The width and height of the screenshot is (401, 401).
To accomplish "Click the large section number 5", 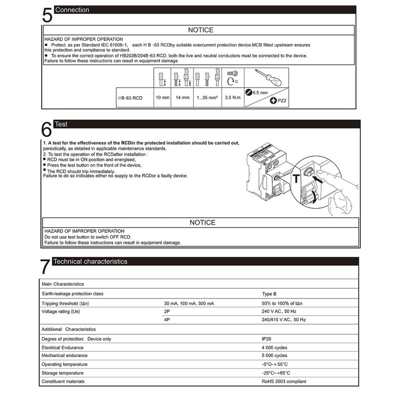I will point(46,15).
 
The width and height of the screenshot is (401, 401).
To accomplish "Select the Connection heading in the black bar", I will point(73,10).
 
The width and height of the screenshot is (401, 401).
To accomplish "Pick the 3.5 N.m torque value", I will point(234,98).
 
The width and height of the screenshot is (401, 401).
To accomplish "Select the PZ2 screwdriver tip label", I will point(280,101).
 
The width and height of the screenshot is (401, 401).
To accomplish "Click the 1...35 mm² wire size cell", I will point(207,98).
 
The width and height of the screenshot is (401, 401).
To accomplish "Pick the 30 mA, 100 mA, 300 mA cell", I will point(189,304).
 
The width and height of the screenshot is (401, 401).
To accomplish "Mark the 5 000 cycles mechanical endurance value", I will point(271,355).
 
